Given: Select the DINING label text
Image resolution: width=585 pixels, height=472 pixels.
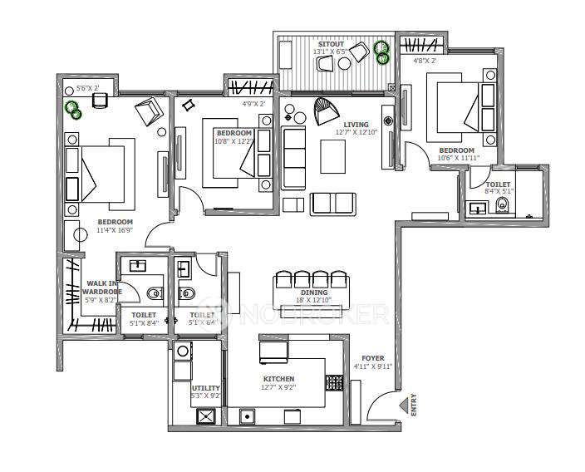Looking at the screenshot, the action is (314, 293).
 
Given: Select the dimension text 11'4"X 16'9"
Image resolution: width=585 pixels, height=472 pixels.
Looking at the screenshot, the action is (115, 230).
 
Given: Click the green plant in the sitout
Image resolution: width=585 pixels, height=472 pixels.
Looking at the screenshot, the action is (381, 52).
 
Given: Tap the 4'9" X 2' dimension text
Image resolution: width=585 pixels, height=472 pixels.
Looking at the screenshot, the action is (254, 104).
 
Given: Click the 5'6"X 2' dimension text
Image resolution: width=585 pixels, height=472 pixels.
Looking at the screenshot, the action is (87, 87).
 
